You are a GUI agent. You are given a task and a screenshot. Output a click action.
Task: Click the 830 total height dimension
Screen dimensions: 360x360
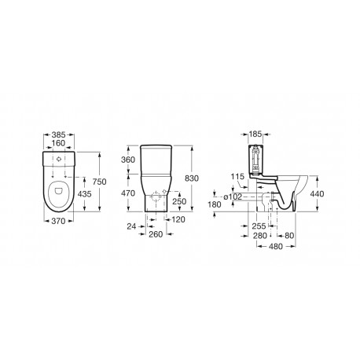(203, 179)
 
